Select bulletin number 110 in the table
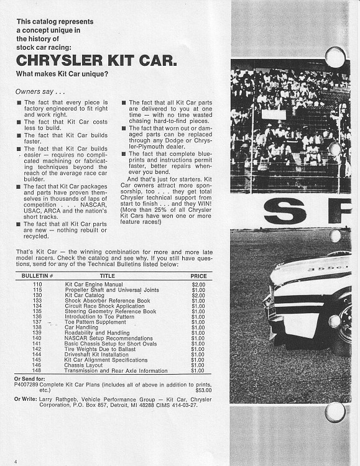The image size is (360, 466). [37, 283]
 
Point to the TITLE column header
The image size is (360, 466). [107, 275]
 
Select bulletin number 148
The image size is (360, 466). [37, 371]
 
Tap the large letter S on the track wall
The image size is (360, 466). [278, 210]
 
